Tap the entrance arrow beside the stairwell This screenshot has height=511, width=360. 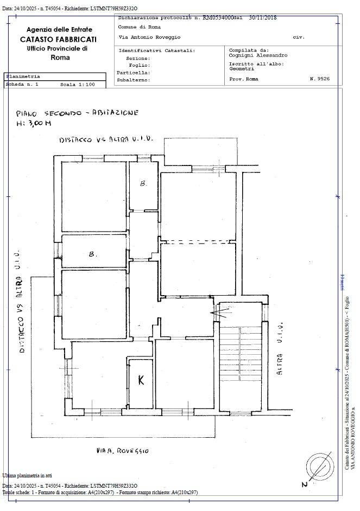click(x=219, y=312)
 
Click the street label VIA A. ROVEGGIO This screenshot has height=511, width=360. click(x=122, y=450)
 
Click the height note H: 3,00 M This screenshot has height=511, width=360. click(x=34, y=124)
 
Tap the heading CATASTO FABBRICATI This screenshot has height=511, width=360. click(x=59, y=40)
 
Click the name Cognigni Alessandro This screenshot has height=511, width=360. click(x=258, y=55)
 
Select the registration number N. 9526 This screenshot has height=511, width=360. click(x=319, y=79)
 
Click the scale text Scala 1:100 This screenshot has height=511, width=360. click(x=77, y=85)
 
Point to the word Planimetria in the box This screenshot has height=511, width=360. click(x=23, y=76)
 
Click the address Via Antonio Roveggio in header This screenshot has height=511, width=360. click(x=149, y=37)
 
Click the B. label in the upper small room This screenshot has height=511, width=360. click(x=143, y=184)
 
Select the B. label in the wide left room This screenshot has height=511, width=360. click(x=93, y=253)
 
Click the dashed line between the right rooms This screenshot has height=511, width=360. click(x=198, y=241)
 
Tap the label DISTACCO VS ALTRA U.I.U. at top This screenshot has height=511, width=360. click(x=106, y=139)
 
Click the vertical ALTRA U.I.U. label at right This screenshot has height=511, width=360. click(x=280, y=350)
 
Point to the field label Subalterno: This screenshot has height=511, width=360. click(x=133, y=80)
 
